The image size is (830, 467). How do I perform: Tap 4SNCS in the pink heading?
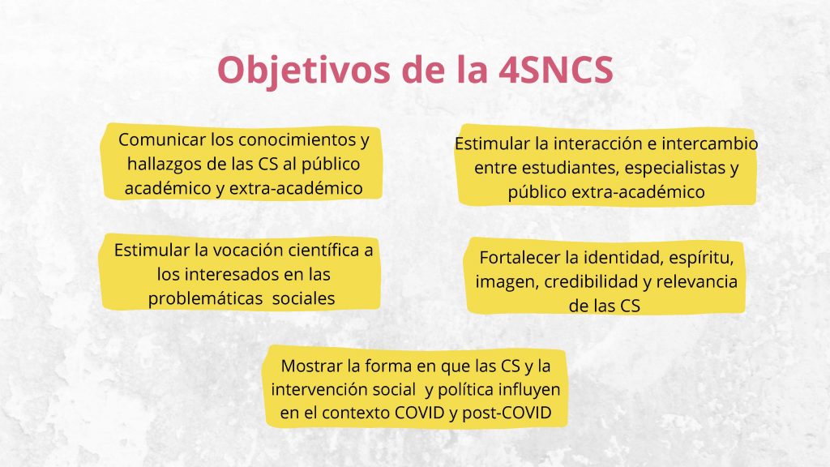point(556,70)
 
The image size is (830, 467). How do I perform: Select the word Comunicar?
point(162,139)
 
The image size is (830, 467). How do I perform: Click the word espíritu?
point(701,259)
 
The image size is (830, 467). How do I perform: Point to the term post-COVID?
point(507,413)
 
